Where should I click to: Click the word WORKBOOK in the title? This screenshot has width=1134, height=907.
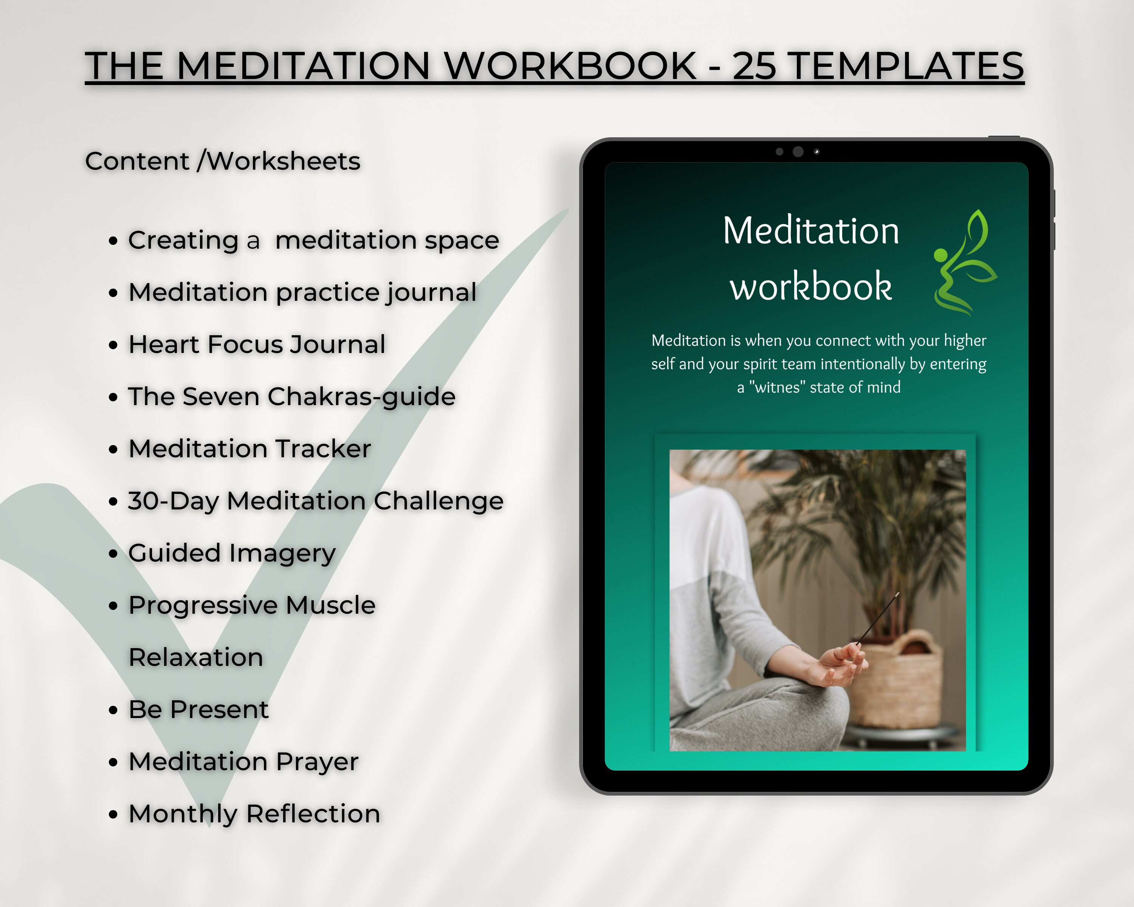tap(571, 66)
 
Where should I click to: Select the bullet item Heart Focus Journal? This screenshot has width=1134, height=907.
tap(257, 345)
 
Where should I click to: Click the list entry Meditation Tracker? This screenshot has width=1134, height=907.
tap(250, 449)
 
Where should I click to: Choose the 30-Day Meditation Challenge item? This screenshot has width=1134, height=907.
tap(316, 501)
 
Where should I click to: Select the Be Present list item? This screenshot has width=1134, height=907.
tap(199, 709)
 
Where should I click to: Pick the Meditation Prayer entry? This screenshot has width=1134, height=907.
tap(243, 762)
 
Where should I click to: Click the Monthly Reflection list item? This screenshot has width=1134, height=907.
tap(254, 814)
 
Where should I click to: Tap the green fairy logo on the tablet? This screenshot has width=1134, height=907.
tap(965, 263)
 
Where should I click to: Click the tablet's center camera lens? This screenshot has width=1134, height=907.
tap(798, 152)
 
